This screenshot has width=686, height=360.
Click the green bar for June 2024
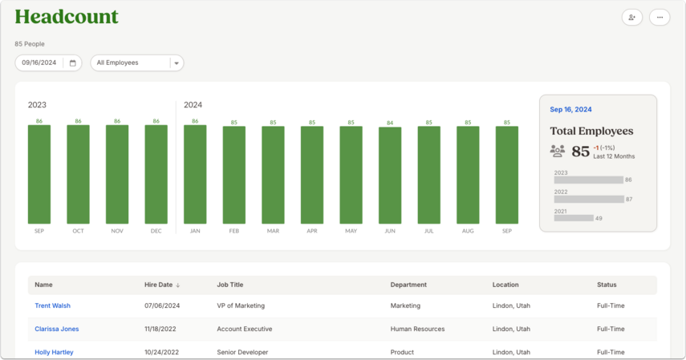coord(390,176)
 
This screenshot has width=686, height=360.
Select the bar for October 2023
coord(79,175)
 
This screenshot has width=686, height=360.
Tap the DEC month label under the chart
coord(156,231)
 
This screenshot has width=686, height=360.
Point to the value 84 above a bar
coord(390,123)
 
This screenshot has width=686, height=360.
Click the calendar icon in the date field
coord(73,63)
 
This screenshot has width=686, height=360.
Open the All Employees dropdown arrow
coord(177,63)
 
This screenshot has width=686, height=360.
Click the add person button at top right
coord(631,18)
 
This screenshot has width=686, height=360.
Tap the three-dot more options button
coord(660,18)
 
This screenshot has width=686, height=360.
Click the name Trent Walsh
coord(52,305)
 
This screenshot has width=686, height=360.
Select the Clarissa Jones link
coord(57,329)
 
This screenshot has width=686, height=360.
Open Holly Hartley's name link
coord(55,352)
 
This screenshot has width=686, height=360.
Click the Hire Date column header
coord(158,285)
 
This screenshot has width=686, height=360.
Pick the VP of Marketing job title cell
coord(241,305)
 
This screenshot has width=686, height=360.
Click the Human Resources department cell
coord(417,329)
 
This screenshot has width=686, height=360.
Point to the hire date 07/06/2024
coord(162,305)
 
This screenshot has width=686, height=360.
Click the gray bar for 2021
coord(574,218)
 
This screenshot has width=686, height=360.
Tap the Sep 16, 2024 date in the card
coord(570,109)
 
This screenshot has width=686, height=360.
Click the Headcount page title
coord(67,17)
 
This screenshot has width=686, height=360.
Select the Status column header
coord(607,285)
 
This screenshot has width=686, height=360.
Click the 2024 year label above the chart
coord(193,105)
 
